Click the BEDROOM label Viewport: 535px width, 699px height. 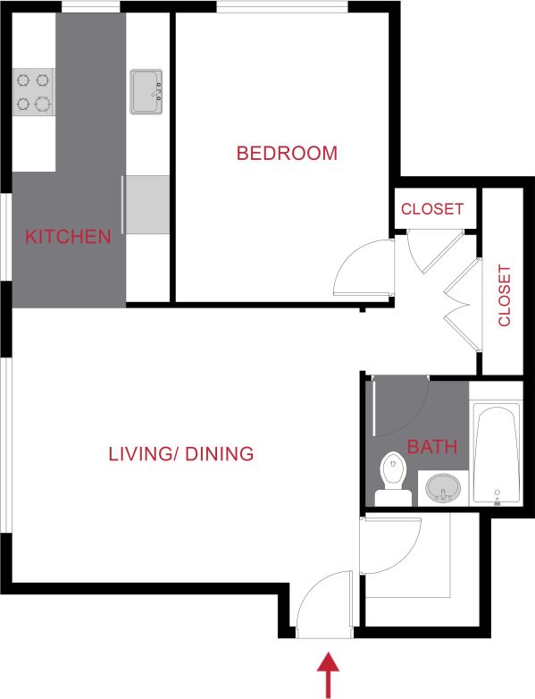point(287,153)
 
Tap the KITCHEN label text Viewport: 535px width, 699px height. point(68,237)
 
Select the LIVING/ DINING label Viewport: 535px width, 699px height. point(180,453)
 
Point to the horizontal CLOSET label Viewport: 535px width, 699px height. point(432,209)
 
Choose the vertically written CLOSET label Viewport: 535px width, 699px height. point(505,295)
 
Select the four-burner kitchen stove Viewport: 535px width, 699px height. point(33,92)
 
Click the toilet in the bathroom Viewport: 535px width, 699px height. point(391,479)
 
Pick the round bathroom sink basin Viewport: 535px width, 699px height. point(443,489)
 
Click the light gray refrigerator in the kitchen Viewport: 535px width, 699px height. point(147,203)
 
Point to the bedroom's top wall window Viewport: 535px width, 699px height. point(282,9)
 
